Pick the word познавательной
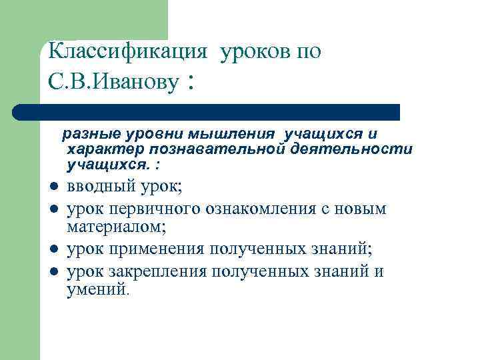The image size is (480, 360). pos(217,149)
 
